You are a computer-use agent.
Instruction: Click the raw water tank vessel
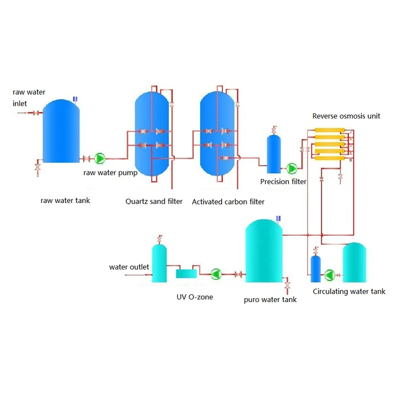pos(60,131)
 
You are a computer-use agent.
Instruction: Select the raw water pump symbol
pos(100,158)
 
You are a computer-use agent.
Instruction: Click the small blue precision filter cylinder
pos(274,154)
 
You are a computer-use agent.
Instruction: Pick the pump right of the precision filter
pos(292,168)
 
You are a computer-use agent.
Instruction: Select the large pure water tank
pos(264,254)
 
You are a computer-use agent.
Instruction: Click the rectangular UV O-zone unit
pos(186,274)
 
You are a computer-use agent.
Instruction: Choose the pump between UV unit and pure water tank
pos(215,274)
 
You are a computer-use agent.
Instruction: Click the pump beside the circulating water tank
pos(330,275)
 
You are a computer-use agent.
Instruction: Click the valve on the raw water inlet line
pos(36,113)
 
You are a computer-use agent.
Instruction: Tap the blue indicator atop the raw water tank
pos(75,99)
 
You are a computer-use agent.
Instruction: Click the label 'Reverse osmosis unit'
pos(346,116)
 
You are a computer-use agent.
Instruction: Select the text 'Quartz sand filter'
pos(154,202)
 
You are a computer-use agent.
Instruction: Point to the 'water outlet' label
pos(129,267)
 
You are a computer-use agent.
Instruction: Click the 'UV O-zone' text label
pos(194,296)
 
